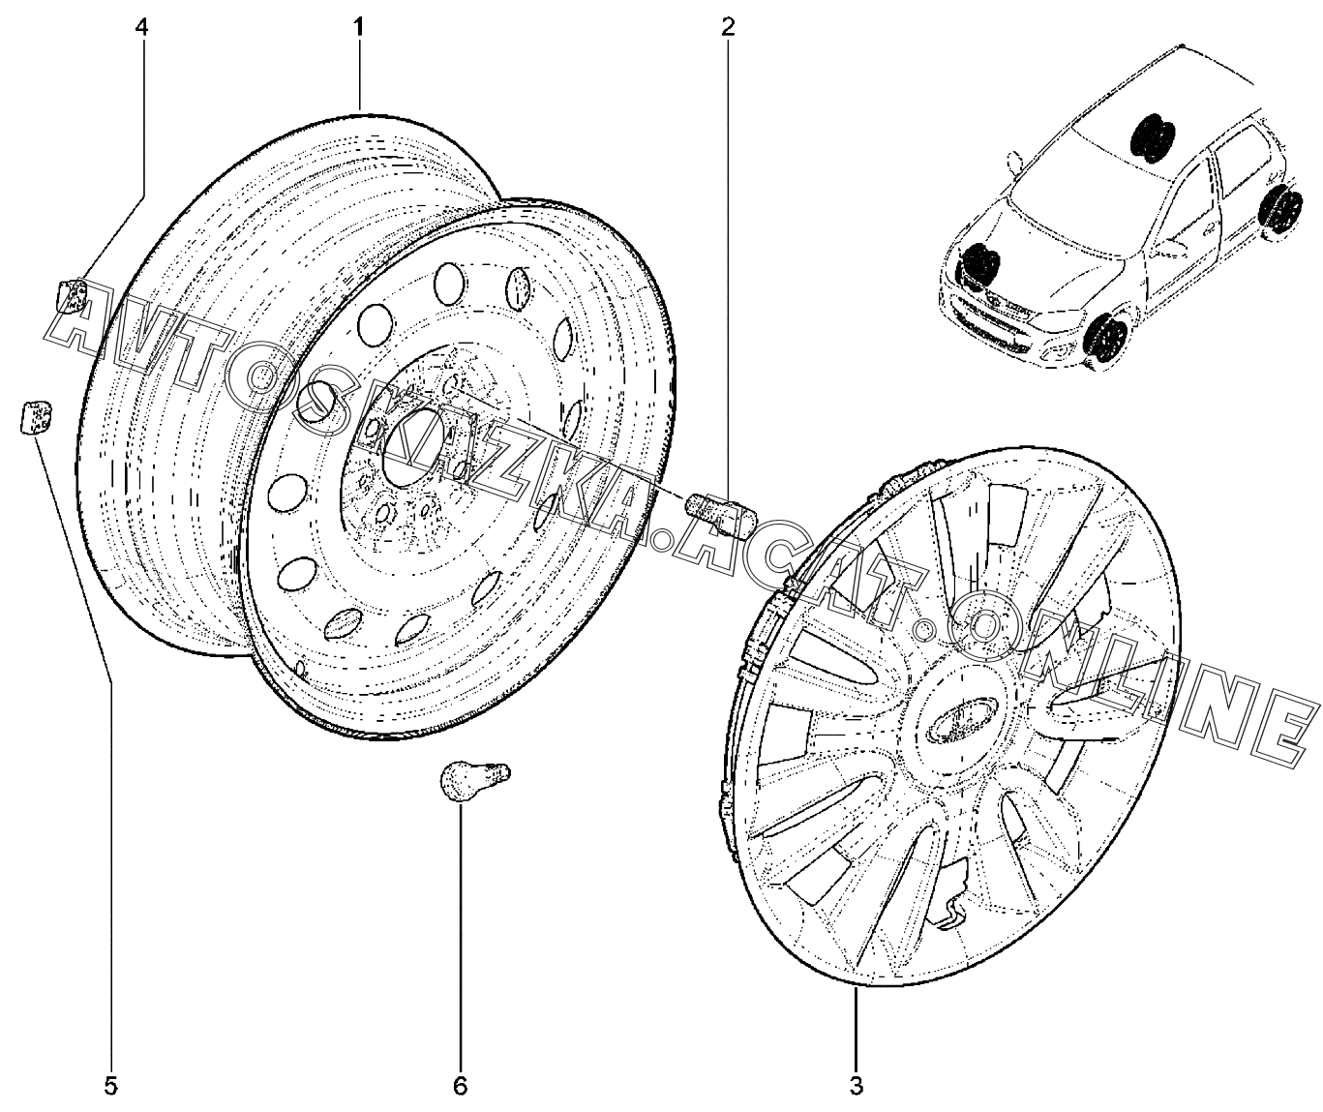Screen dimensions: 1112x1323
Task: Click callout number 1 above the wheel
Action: (358, 27)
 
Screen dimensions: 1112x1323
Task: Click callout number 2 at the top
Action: (727, 27)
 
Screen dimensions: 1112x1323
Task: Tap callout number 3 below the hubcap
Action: (857, 1085)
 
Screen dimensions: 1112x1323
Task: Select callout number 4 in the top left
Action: (141, 27)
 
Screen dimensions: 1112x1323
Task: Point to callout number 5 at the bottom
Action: (110, 1085)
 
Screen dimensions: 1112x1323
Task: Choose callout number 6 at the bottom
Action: (460, 1085)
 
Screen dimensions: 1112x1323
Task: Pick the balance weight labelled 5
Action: (34, 416)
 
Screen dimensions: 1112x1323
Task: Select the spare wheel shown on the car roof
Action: (1152, 135)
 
